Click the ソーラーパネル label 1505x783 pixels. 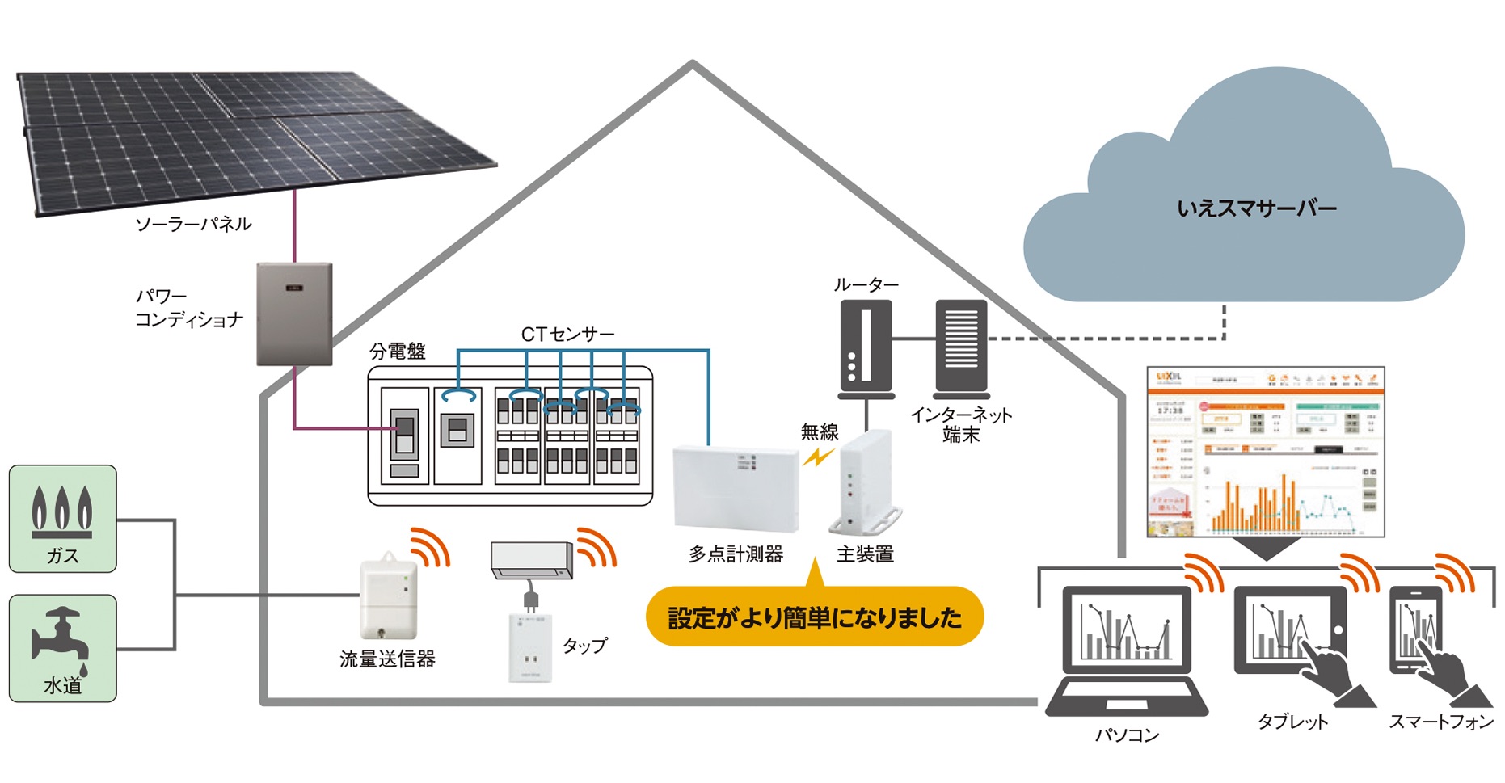pyautogui.click(x=193, y=224)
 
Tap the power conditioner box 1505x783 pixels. pyautogui.click(x=294, y=314)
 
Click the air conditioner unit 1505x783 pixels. pyautogui.click(x=531, y=560)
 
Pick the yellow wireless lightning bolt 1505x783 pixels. pyautogui.click(x=818, y=457)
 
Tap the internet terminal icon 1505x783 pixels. pyautogui.click(x=961, y=347)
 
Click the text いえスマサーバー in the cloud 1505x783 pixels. pyautogui.click(x=1256, y=208)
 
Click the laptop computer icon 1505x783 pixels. pyautogui.click(x=1127, y=650)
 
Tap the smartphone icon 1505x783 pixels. pyautogui.click(x=1415, y=630)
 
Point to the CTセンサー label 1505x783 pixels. pyautogui.click(x=567, y=335)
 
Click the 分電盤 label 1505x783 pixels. pyautogui.click(x=398, y=352)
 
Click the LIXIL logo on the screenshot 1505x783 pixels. pyautogui.click(x=1169, y=377)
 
